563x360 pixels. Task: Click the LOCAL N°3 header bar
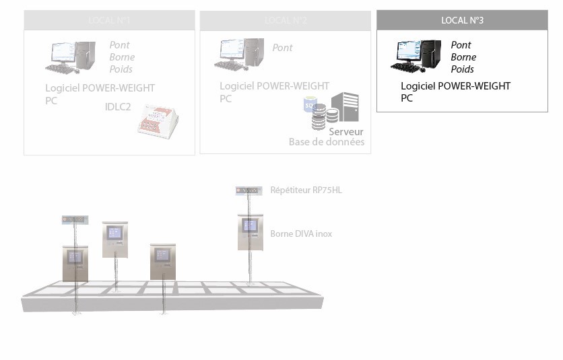tap(462, 20)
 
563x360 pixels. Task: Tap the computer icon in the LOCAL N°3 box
tap(416, 57)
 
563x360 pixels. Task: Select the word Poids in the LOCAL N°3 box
tap(462, 69)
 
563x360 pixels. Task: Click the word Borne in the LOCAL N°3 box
tap(463, 57)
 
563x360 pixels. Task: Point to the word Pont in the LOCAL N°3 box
tap(461, 45)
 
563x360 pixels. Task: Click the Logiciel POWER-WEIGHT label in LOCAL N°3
tap(455, 86)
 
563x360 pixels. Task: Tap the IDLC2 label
tap(118, 106)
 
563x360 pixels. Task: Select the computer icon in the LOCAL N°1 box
tap(70, 58)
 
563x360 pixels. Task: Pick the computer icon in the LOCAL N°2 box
tap(239, 55)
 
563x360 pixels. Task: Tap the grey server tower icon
tap(345, 107)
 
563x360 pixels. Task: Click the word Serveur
tap(346, 132)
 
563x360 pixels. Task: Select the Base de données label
tap(327, 142)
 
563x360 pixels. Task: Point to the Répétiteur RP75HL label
tap(306, 190)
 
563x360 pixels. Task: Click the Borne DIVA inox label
tap(301, 234)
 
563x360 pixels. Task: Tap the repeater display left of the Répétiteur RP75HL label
tap(249, 190)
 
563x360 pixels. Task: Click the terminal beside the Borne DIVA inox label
tap(250, 231)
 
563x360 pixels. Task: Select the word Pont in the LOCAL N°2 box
tap(282, 48)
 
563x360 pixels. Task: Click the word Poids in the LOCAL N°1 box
tap(121, 69)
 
